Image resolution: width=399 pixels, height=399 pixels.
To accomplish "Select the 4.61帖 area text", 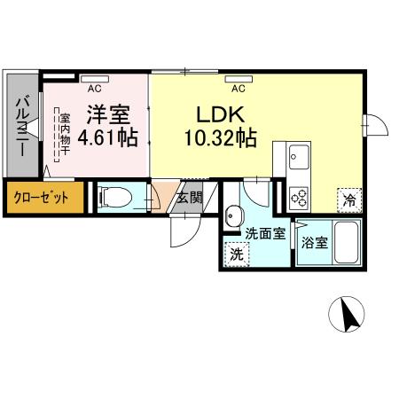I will (x=107, y=138).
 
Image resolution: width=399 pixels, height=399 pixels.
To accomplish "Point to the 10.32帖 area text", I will (x=221, y=138).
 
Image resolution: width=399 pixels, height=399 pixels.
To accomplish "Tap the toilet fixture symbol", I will (x=115, y=197).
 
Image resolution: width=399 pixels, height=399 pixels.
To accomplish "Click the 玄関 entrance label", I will (x=188, y=197).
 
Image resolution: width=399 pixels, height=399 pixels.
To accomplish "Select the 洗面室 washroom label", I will (x=265, y=235).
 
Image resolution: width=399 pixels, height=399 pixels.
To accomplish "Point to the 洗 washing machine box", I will (x=237, y=254).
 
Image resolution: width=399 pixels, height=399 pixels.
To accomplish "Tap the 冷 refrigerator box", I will (x=350, y=200).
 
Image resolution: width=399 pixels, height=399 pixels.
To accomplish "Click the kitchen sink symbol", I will (x=299, y=159).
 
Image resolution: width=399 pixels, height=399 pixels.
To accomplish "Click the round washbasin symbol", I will (x=234, y=215).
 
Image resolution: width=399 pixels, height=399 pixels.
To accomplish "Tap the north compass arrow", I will (x=348, y=315).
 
